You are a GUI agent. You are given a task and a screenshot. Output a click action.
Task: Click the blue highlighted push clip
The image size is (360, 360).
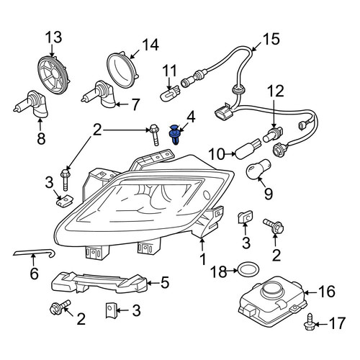point(174,135)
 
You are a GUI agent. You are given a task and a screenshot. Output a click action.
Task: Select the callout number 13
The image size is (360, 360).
point(54,37)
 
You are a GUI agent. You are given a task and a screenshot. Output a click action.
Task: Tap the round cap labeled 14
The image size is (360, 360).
point(122,70)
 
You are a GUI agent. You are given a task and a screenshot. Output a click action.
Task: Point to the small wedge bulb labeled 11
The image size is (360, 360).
point(170,93)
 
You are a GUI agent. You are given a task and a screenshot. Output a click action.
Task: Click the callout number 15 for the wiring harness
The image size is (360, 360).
point(271,39)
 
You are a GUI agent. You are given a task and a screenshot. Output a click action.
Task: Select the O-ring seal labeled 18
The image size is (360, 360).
point(248,270)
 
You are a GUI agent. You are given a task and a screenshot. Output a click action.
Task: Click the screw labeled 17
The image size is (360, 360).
point(310,321)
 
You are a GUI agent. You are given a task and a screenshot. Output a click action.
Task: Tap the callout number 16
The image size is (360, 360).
point(327,292)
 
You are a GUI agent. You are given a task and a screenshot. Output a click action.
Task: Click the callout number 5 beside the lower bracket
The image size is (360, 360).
point(165,282)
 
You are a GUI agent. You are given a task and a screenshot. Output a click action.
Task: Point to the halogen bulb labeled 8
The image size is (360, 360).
point(31,104)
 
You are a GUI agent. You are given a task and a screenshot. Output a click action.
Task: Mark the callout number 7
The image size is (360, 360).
point(135,104)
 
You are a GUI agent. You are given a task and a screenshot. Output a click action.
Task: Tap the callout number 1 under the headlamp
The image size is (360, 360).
point(203,258)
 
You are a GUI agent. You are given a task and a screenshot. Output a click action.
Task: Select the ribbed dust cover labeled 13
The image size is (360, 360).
point(55,74)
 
